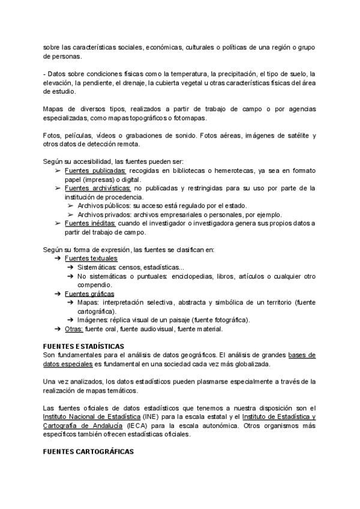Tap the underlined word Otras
coord(74,329)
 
